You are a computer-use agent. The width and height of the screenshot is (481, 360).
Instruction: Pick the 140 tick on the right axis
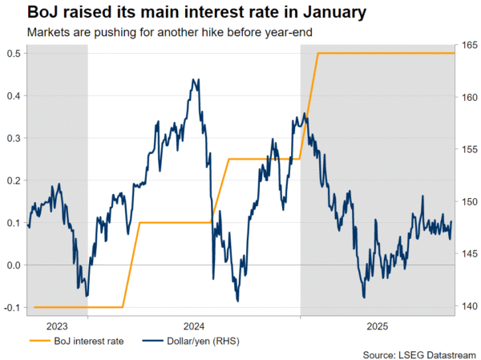[x=468, y=306]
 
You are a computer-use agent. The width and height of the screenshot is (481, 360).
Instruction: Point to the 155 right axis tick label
[x=468, y=150]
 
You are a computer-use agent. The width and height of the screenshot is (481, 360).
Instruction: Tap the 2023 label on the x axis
[x=56, y=326]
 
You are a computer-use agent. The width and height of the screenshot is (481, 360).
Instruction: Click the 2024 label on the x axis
[x=193, y=326]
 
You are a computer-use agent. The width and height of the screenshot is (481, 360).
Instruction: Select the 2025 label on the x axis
[x=378, y=326]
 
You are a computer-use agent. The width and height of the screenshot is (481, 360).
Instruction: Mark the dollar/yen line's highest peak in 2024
[x=193, y=79]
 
